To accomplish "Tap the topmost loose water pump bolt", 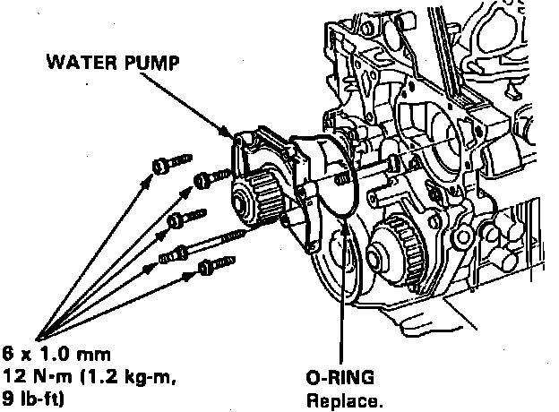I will click(167, 164).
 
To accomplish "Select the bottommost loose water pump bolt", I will click(214, 265).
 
